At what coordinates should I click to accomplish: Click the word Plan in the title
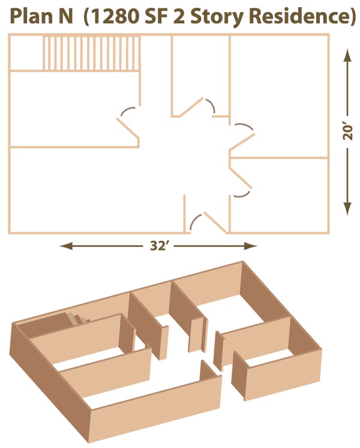pyautogui.click(x=29, y=16)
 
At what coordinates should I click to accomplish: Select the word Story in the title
pyautogui.click(x=217, y=17)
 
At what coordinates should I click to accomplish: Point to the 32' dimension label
pyautogui.click(x=158, y=246)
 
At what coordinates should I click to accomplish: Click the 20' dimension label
pyautogui.click(x=347, y=132)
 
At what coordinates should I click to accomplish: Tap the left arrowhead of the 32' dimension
pyautogui.click(x=66, y=246)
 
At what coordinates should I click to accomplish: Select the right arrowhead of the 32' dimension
pyautogui.click(x=250, y=246)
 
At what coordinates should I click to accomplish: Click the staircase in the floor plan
pyautogui.click(x=91, y=53)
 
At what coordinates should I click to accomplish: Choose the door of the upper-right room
pyautogui.click(x=242, y=136)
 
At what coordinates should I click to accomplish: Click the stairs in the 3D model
pyautogui.click(x=77, y=318)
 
